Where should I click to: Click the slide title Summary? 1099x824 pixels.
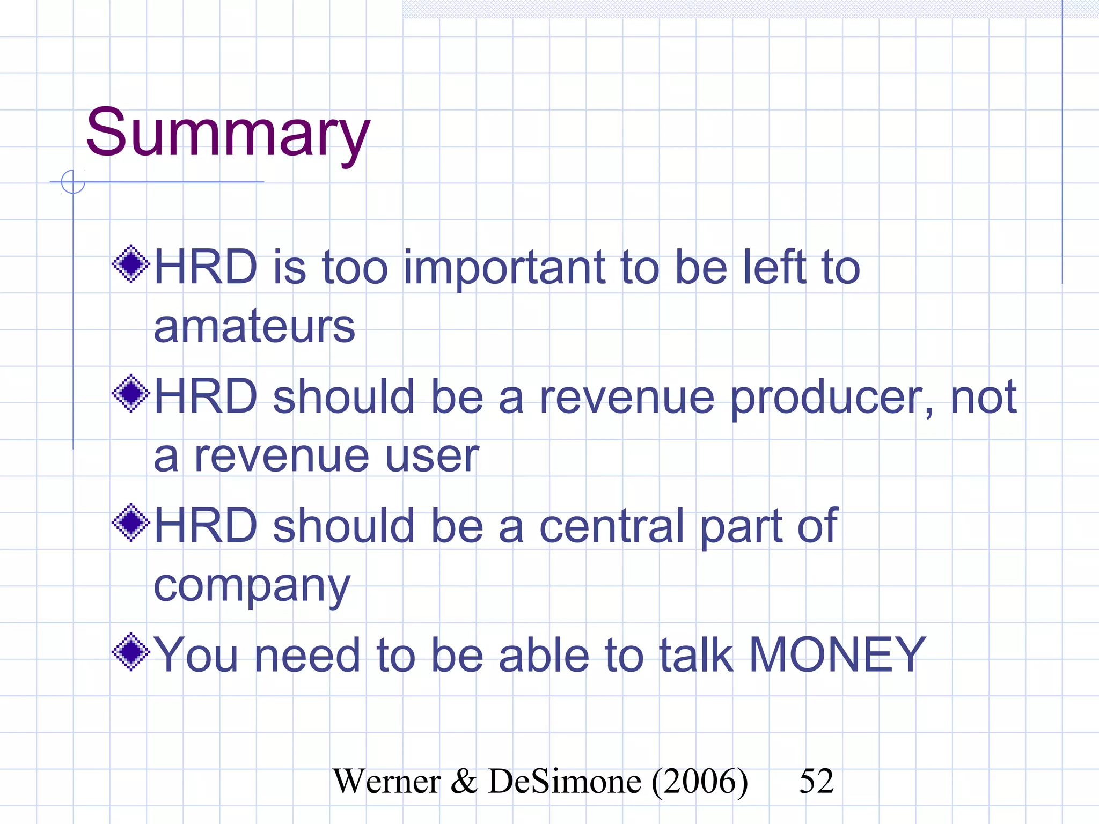click(228, 133)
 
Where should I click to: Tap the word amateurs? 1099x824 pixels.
click(254, 327)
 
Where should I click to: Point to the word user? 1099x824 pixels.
click(431, 457)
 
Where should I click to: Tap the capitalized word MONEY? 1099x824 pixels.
click(837, 655)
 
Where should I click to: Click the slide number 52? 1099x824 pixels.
click(816, 781)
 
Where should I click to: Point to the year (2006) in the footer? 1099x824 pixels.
click(700, 782)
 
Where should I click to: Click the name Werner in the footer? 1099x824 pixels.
click(386, 782)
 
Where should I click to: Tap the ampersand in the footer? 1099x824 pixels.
click(464, 782)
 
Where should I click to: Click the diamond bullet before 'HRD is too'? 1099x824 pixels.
click(130, 264)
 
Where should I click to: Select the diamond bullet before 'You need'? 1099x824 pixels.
click(130, 652)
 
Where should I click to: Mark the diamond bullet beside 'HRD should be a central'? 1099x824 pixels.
click(130, 523)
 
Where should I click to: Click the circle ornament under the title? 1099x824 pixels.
click(73, 181)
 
